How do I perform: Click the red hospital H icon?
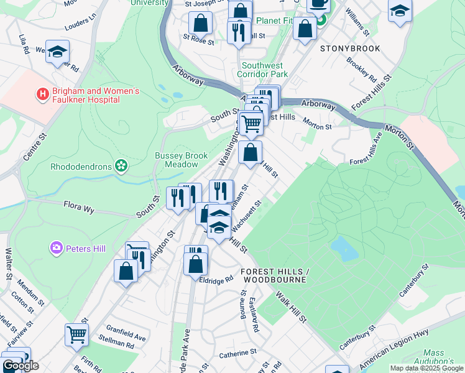42,95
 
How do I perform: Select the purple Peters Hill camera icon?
57,249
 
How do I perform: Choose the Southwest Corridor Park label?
262,69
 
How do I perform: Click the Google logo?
20,366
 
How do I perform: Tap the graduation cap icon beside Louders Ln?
58,52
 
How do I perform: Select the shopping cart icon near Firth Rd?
76,334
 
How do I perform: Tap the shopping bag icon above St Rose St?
201,24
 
